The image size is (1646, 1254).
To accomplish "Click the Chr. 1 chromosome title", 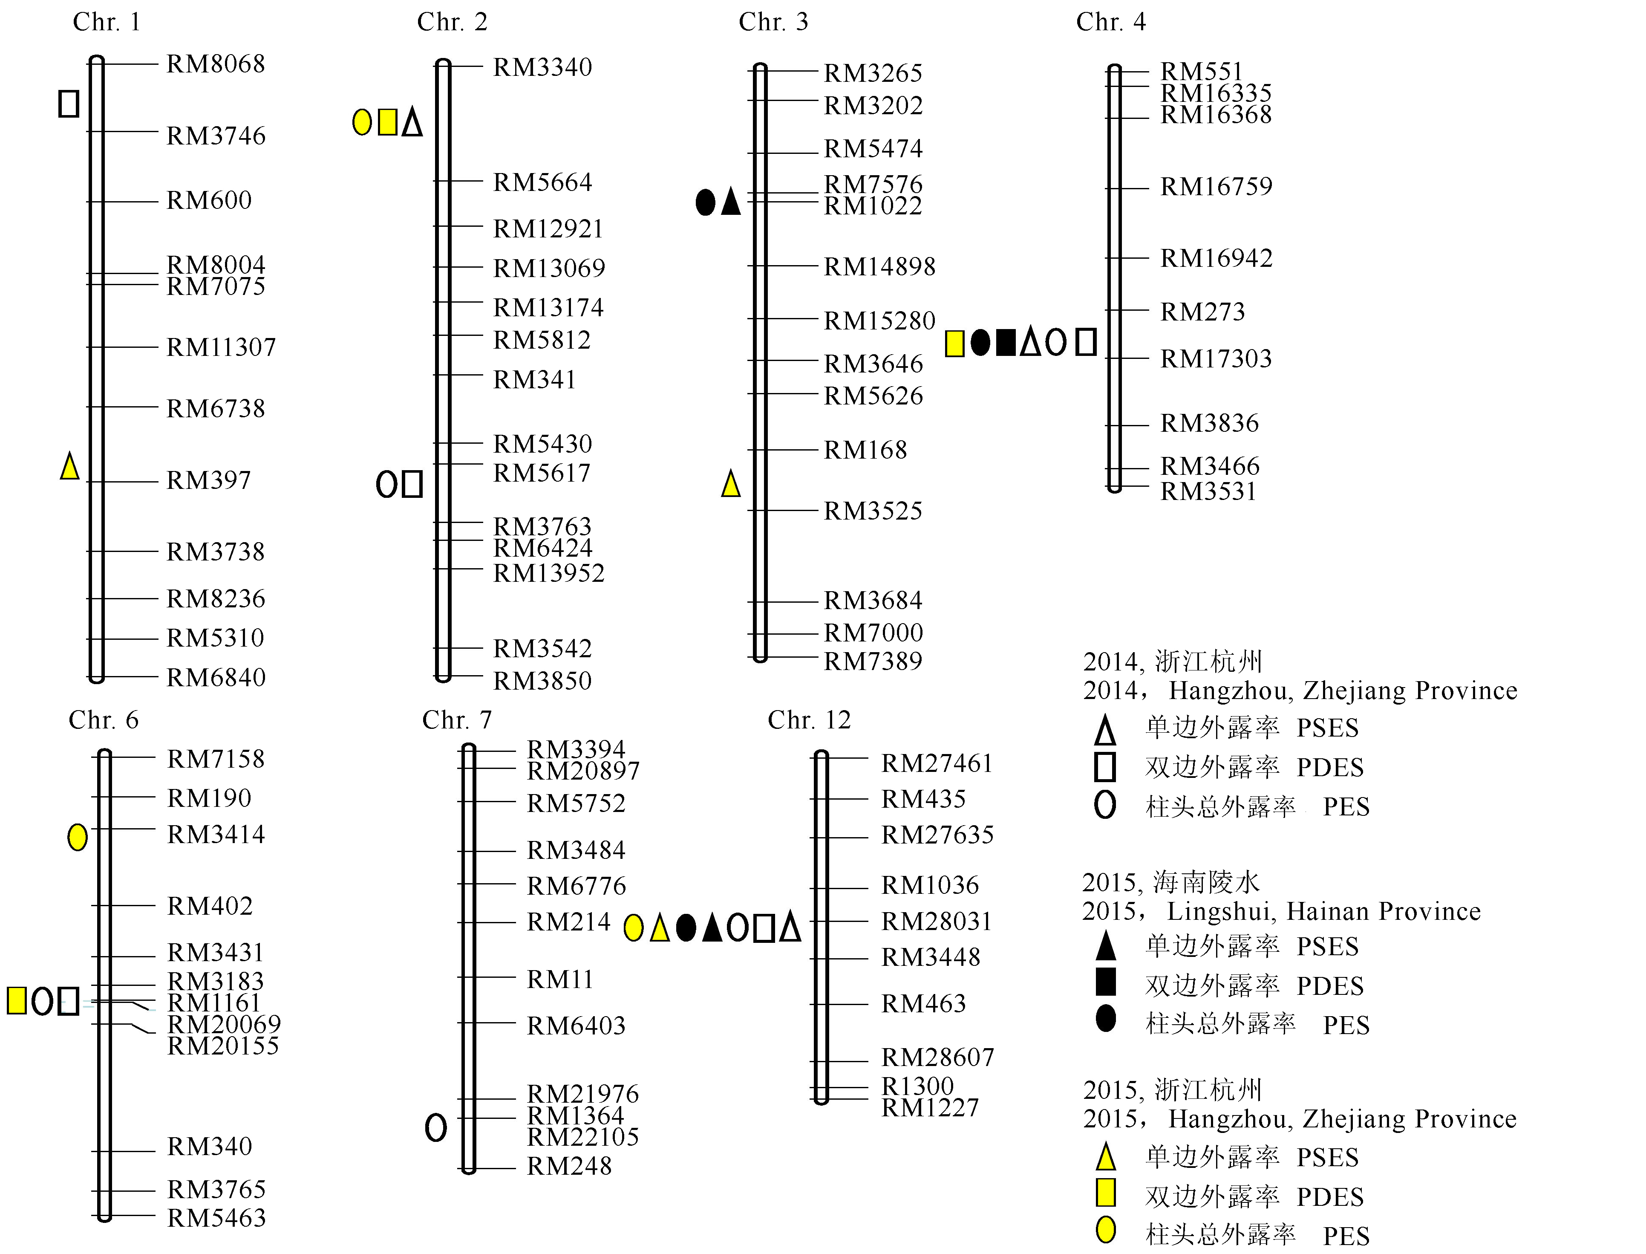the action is tap(107, 22).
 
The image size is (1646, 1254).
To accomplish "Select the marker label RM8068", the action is tap(216, 64).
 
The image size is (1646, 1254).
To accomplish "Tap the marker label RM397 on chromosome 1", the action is tap(209, 480).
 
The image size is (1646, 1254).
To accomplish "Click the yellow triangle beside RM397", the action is tap(69, 466).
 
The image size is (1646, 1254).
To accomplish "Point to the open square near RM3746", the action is tap(69, 103).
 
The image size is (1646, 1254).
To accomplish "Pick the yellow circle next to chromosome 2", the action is tap(362, 121).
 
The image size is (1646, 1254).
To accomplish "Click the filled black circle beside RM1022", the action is tap(705, 202).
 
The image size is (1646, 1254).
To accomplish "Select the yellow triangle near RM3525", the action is tap(730, 484).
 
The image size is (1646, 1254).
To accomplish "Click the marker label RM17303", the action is tap(1216, 359).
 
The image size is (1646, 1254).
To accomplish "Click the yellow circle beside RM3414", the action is tap(78, 838).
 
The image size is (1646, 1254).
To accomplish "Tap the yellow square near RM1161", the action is tap(17, 1000).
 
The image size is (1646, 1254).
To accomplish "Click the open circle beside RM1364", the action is tap(436, 1127).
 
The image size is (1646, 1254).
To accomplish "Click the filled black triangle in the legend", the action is tap(1106, 946).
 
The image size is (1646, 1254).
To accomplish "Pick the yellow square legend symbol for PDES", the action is tap(1106, 1193).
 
